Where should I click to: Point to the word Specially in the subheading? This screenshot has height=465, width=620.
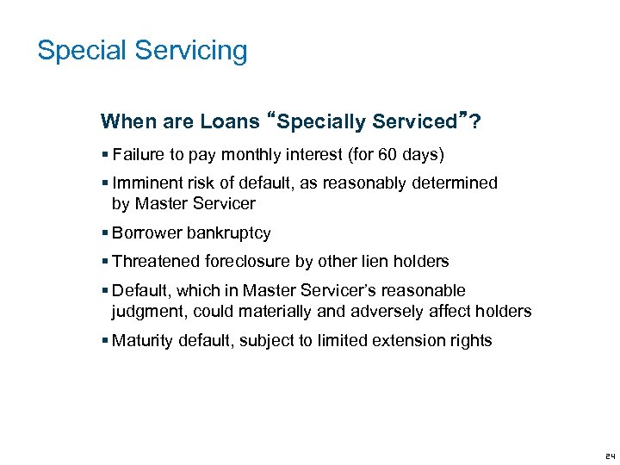[317, 121]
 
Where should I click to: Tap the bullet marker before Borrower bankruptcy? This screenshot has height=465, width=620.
[105, 233]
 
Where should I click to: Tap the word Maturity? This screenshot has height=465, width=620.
[143, 340]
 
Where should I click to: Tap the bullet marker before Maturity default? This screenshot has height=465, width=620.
[105, 340]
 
